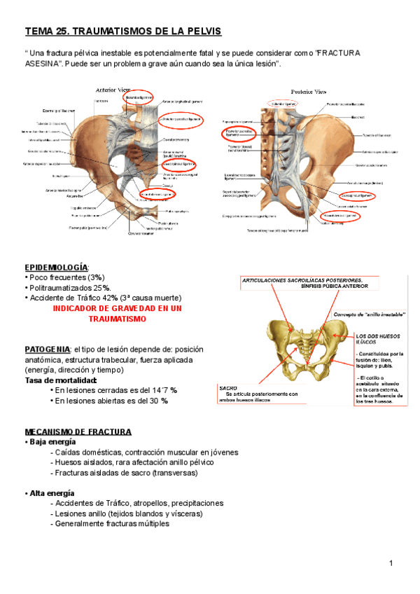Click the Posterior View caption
point(308,92)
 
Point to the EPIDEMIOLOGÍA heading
point(56,268)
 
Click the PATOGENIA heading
point(47,350)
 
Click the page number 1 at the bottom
point(391,564)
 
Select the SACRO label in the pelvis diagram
point(228,387)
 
